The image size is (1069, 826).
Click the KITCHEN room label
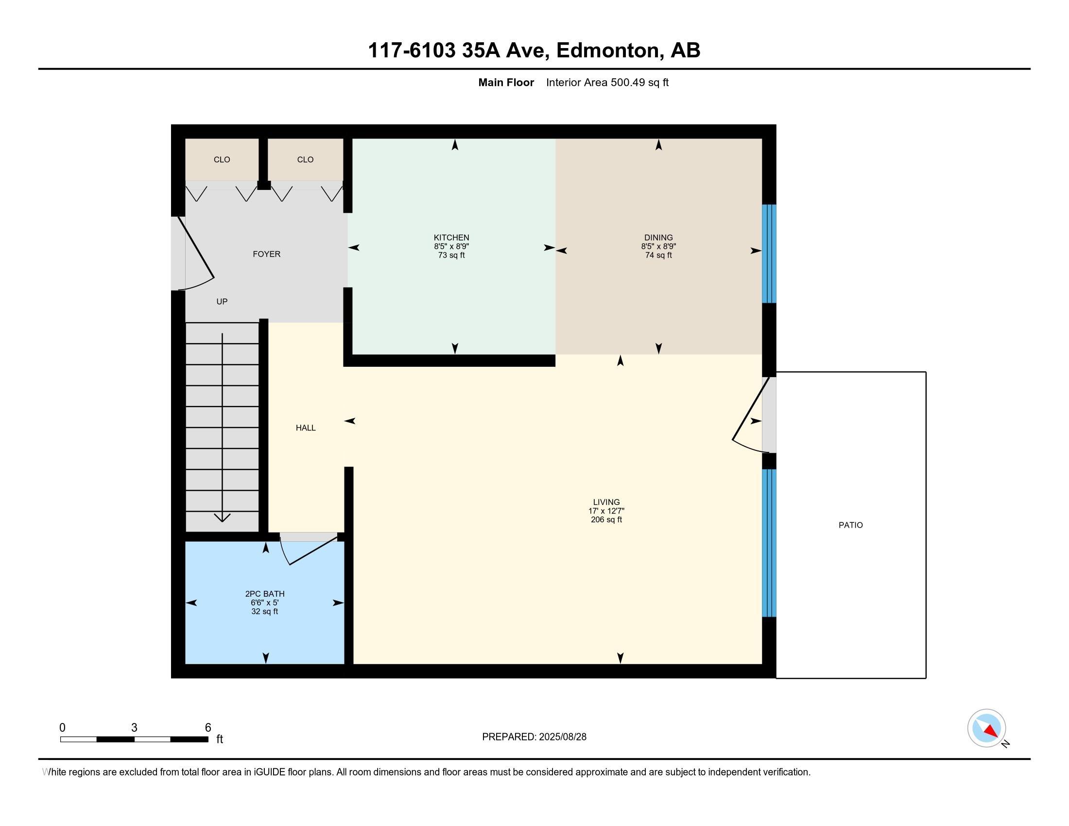(x=451, y=238)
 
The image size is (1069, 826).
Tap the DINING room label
(x=658, y=238)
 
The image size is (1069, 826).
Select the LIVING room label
(x=606, y=502)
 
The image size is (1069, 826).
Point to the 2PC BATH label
(x=265, y=594)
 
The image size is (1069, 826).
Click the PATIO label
(x=851, y=525)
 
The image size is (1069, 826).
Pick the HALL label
(x=306, y=428)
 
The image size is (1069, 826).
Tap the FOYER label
(x=266, y=254)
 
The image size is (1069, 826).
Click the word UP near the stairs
(x=222, y=301)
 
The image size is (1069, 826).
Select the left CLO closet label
(x=222, y=159)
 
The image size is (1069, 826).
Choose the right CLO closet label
(x=305, y=159)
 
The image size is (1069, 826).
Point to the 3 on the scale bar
(x=134, y=728)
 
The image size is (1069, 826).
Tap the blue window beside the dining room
(x=769, y=254)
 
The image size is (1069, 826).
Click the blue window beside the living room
(x=769, y=543)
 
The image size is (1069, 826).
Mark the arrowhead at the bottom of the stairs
(x=222, y=517)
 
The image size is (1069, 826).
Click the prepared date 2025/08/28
(x=562, y=737)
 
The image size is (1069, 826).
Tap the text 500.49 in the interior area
(x=627, y=83)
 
